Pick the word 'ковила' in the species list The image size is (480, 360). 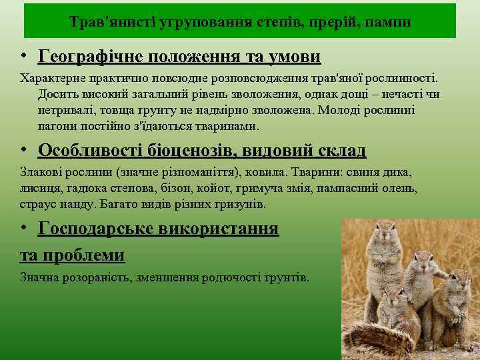267,172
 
